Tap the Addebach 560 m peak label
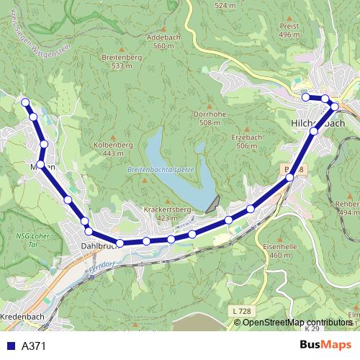pos(160,41)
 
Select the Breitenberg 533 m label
pos(122,61)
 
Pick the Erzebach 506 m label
pos(246,141)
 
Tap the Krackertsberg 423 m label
pos(166,213)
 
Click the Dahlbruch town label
pos(99,246)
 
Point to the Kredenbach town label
pos(24,316)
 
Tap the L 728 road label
pos(243,310)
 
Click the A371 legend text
pos(34,346)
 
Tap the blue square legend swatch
pos(11,346)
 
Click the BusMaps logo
pos(325,346)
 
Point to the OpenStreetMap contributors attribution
pos(297,323)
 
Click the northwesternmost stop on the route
pos(25,102)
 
